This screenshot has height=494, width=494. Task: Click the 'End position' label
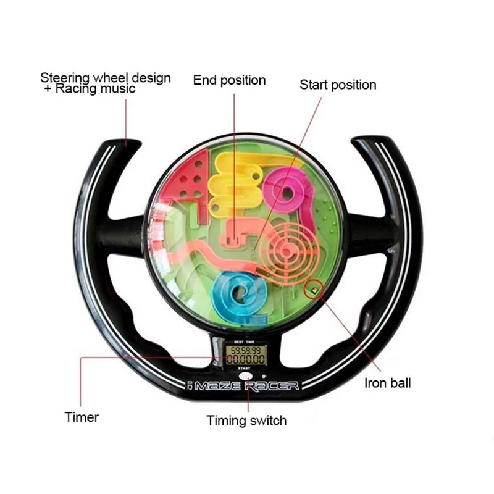click(229, 80)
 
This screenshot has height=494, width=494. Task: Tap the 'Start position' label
click(338, 85)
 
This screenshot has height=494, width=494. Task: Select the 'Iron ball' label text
click(388, 383)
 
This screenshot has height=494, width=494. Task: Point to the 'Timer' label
click(82, 417)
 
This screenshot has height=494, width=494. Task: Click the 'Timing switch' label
click(246, 421)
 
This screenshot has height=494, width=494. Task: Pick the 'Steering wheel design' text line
click(106, 78)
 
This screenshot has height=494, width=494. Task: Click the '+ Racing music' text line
click(90, 88)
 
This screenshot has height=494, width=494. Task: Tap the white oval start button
click(246, 376)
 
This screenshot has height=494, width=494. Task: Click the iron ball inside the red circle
click(314, 290)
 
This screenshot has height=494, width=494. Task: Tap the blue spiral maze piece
click(240, 296)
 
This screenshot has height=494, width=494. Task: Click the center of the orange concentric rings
click(286, 251)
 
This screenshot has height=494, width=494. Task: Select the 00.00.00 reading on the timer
click(246, 359)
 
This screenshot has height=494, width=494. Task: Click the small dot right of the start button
click(264, 376)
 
